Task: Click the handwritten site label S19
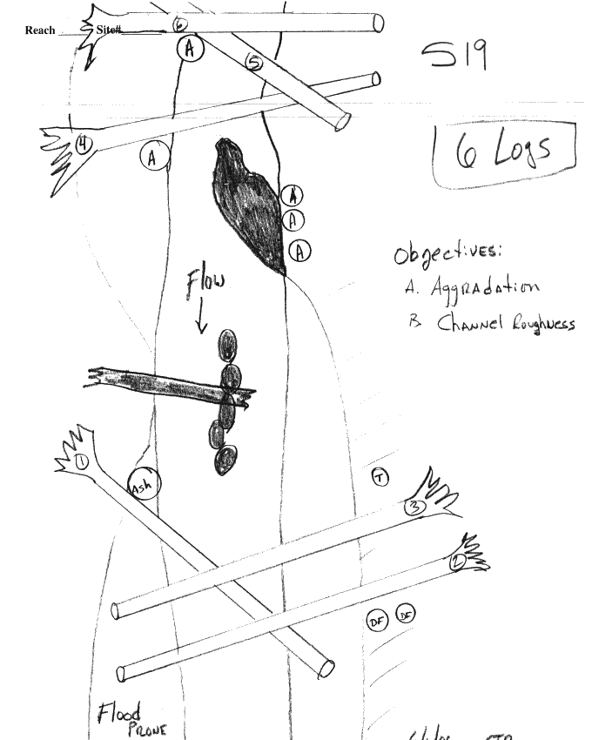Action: pyautogui.click(x=454, y=58)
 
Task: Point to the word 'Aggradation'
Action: pyautogui.click(x=484, y=287)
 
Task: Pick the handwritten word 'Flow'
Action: pyautogui.click(x=205, y=285)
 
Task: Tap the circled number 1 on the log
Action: pyautogui.click(x=82, y=461)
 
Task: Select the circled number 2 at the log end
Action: pyautogui.click(x=454, y=562)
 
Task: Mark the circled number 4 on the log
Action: pyautogui.click(x=83, y=145)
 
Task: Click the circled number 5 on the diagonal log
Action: pyautogui.click(x=253, y=62)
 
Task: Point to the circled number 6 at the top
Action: pyautogui.click(x=179, y=24)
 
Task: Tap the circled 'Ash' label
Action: pyautogui.click(x=144, y=483)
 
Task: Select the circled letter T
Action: pyautogui.click(x=380, y=476)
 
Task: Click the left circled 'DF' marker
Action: pyautogui.click(x=377, y=621)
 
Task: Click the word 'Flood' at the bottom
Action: pyautogui.click(x=118, y=714)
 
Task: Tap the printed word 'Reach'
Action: pyautogui.click(x=40, y=30)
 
